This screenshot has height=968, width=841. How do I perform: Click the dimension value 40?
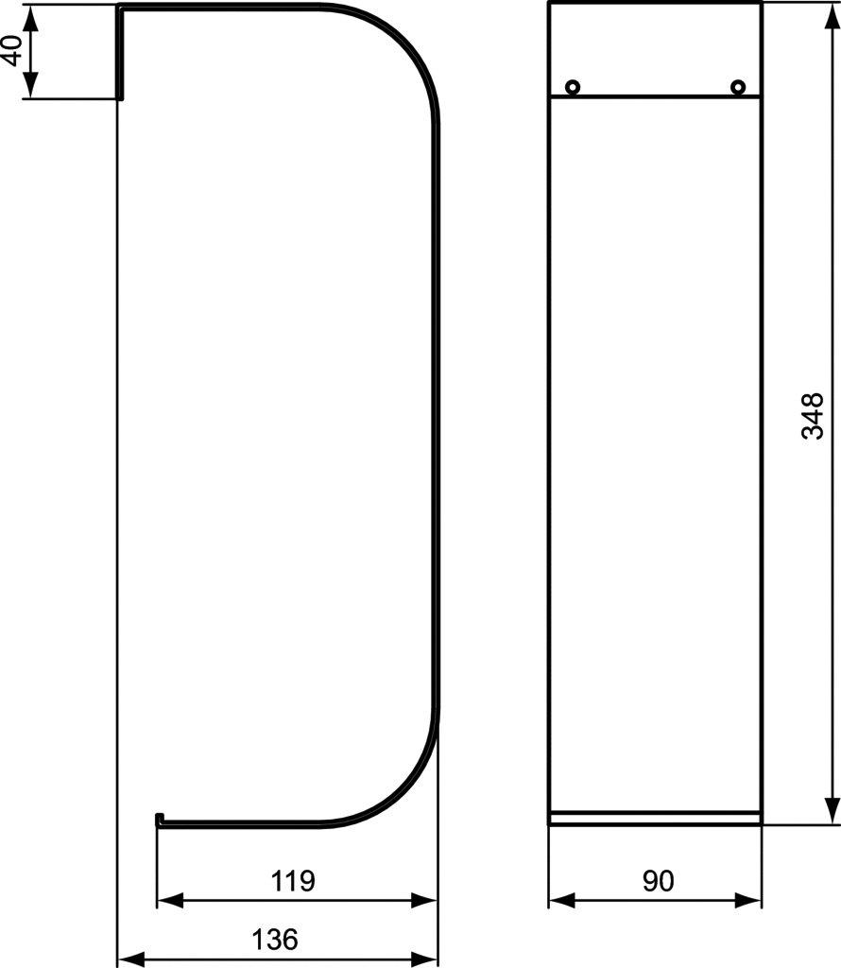coord(11,51)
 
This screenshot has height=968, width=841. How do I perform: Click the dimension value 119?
coord(293,881)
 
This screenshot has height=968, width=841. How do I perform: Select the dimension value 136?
coord(275,940)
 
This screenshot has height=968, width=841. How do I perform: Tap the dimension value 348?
coord(812,416)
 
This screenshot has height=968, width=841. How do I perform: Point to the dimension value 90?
coord(659,881)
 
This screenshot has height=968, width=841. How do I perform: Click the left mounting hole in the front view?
coord(573,87)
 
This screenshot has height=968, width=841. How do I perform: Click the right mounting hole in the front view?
coord(738,87)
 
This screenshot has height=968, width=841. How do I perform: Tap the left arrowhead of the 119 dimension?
coord(170,901)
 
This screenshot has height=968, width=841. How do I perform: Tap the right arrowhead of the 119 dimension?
coord(424,901)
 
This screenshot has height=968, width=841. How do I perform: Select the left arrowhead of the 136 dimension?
coord(130,959)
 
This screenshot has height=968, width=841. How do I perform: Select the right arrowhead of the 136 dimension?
coord(424,959)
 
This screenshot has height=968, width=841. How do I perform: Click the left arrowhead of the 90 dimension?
coord(562,901)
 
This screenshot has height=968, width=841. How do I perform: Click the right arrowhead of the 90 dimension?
coord(747,901)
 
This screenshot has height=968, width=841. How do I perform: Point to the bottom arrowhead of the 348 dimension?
coord(832,810)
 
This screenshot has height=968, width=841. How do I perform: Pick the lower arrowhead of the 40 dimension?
coord(31,84)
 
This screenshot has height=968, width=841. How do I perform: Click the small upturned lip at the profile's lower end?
coord(159,820)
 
